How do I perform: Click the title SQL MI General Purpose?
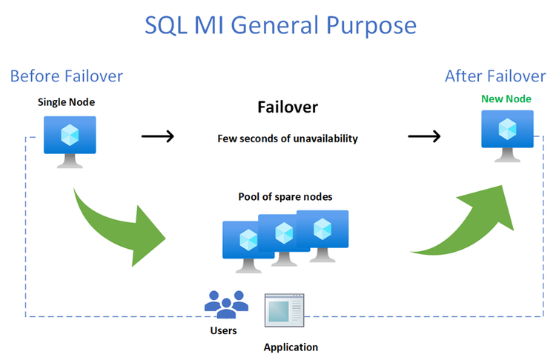pos(280,26)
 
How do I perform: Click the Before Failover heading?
pos(67,76)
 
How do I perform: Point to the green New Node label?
pos(507,98)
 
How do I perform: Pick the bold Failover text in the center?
pos(288,107)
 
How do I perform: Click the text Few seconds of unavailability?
pos(288,138)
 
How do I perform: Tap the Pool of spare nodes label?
pos(285,196)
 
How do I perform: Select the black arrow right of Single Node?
pos(157,136)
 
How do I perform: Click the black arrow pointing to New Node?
pos(424,136)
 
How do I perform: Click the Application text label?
pos(291,347)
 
